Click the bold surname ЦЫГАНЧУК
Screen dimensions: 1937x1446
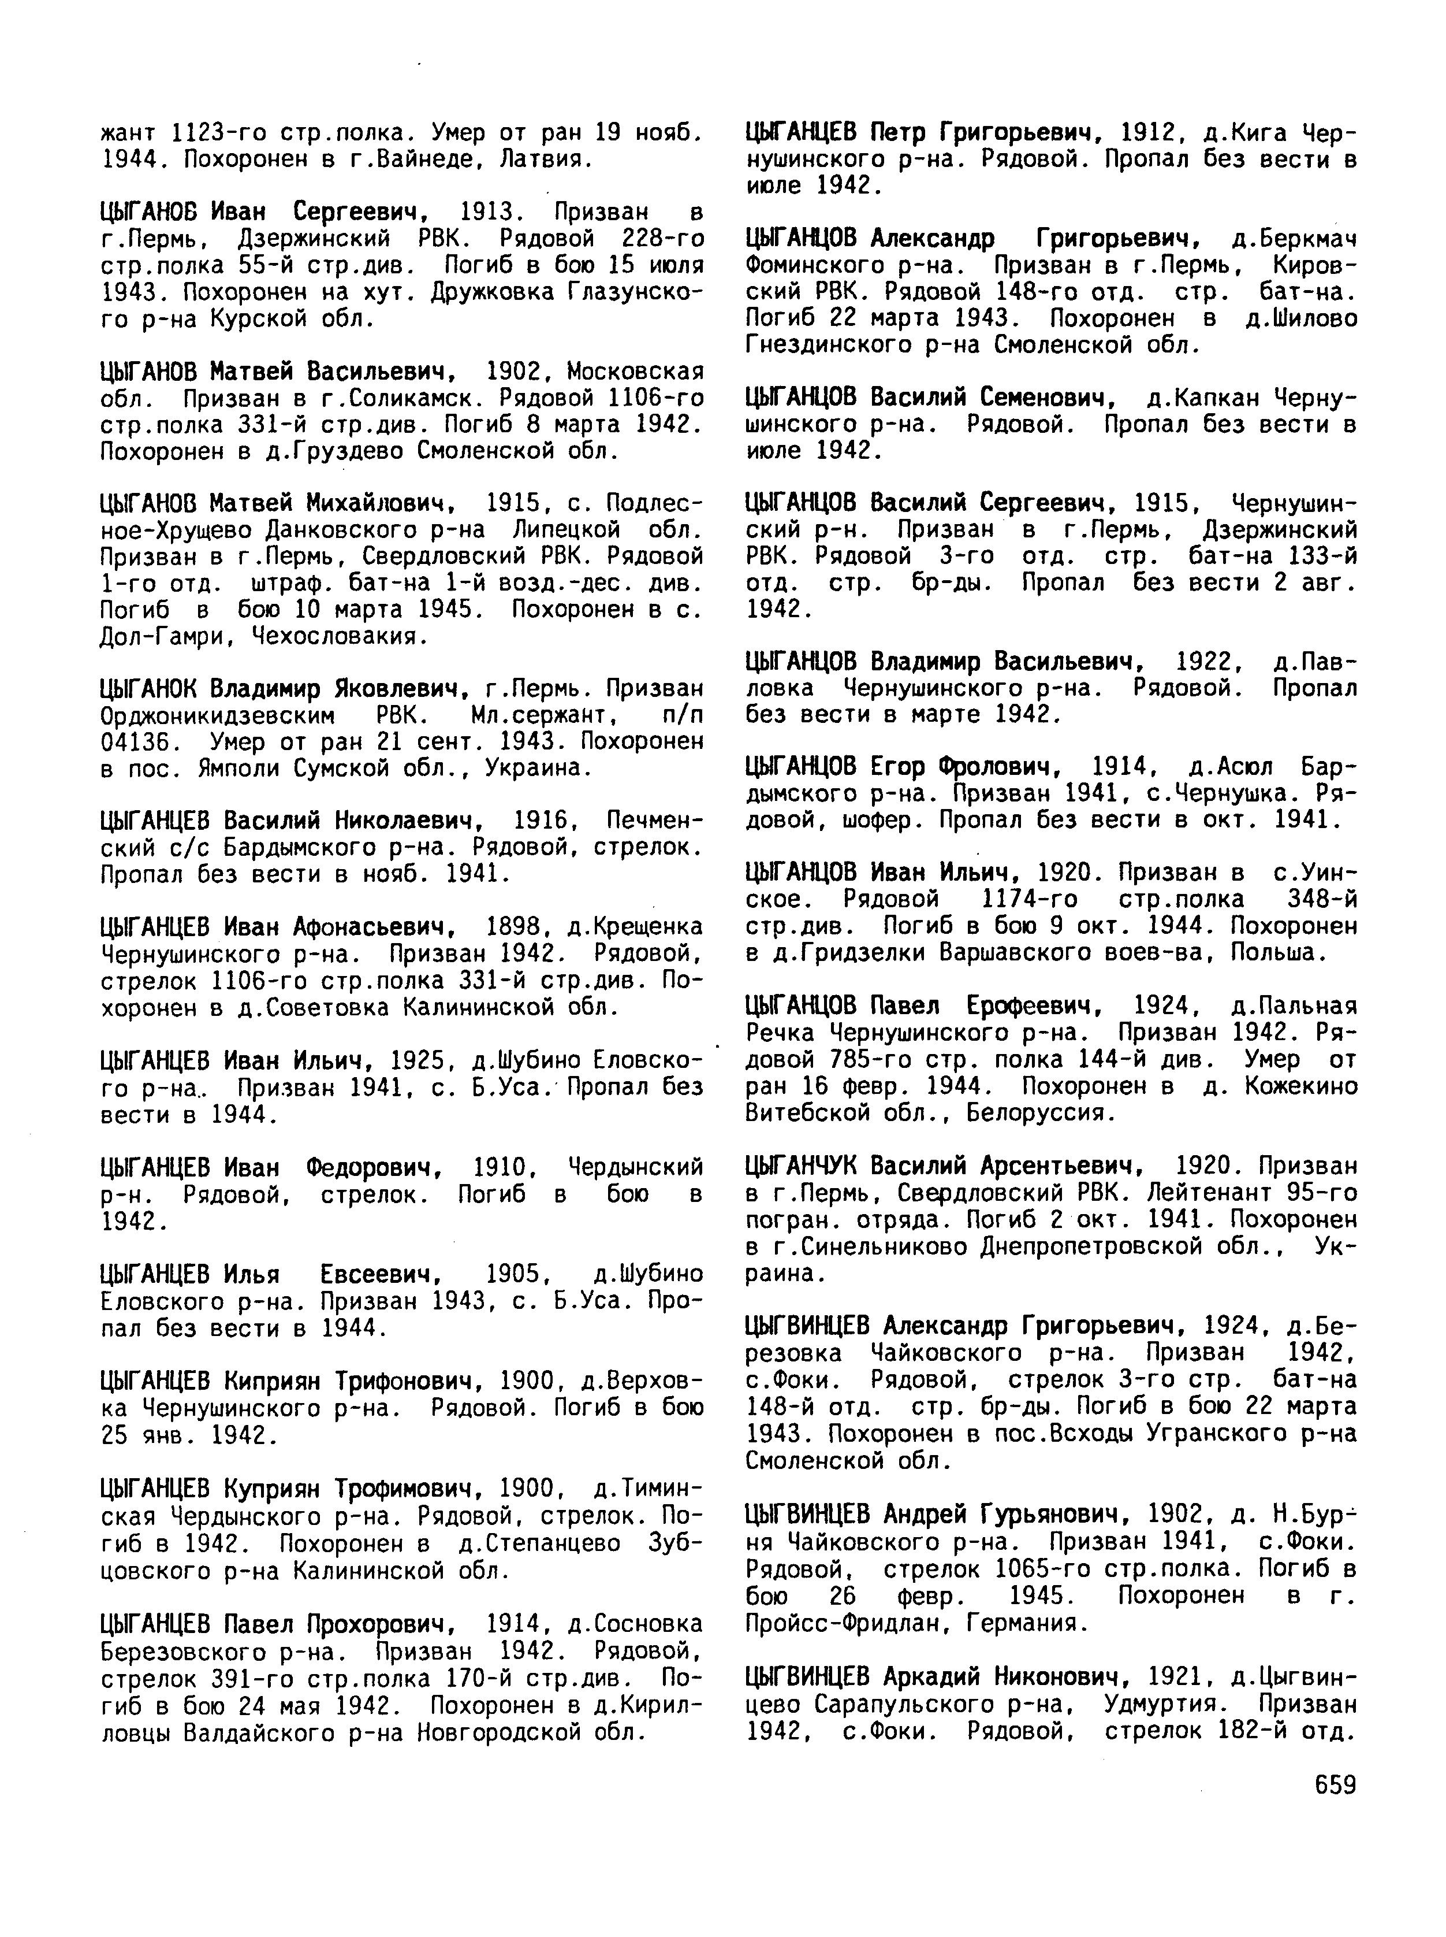pyautogui.click(x=803, y=1166)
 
